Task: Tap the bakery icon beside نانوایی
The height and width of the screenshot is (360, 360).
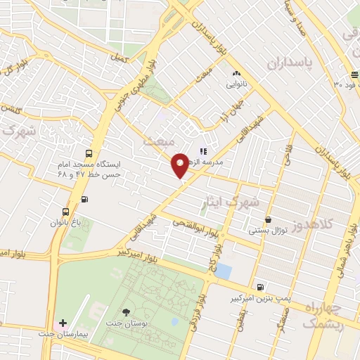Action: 236,72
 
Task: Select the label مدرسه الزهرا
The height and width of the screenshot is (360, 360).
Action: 221,162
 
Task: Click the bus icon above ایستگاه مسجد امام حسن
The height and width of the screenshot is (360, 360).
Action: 88,153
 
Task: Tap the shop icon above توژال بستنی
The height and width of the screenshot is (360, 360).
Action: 267,219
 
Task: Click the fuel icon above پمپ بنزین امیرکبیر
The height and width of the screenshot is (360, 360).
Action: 261,287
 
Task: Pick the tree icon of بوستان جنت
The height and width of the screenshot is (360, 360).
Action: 126,312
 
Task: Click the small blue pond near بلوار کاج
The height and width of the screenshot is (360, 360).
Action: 223,271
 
